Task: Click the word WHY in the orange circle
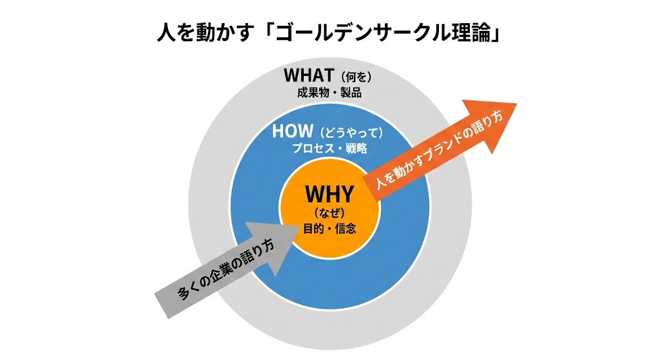[x=329, y=194]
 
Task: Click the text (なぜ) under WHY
[x=329, y=213]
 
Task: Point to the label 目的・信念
[x=329, y=228]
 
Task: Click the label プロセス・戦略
[x=329, y=149]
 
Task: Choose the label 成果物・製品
[x=329, y=92]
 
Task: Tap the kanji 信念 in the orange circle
[x=345, y=228]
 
